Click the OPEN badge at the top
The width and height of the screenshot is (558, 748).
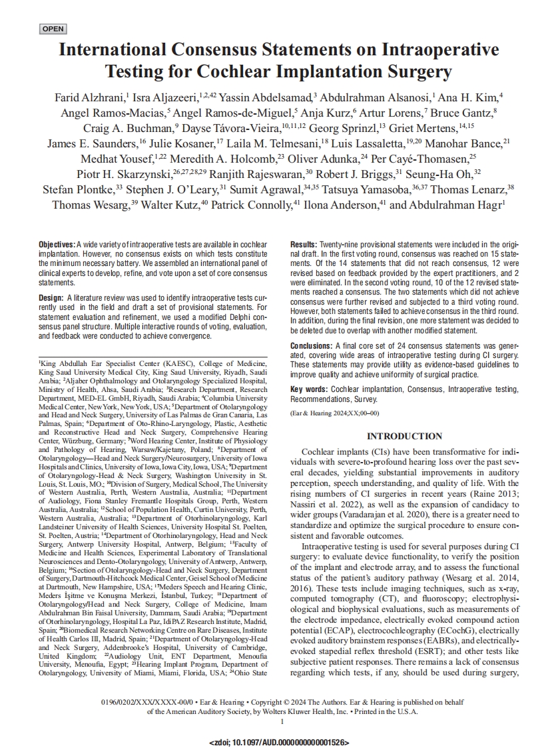(x=53, y=29)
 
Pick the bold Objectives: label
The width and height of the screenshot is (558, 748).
(x=57, y=246)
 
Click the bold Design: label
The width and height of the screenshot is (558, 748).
(x=51, y=297)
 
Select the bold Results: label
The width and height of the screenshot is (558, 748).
(x=304, y=246)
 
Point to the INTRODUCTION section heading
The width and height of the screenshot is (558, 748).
(x=405, y=437)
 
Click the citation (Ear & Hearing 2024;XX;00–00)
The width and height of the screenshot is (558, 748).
(x=334, y=414)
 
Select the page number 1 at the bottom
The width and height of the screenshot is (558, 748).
(x=282, y=721)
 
